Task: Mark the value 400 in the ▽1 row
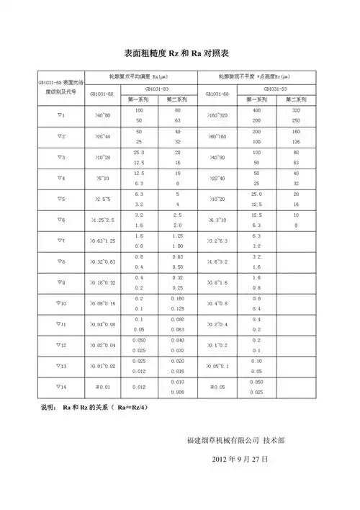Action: point(256,110)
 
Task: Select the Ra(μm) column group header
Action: point(141,76)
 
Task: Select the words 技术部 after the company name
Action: point(274,439)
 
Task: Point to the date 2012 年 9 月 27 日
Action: point(240,458)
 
